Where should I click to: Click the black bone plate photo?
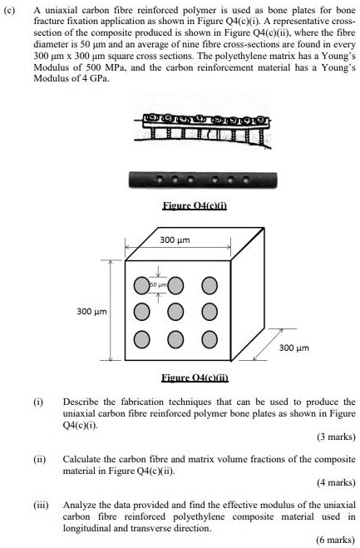[x=191, y=180]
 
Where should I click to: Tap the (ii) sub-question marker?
[x=38, y=457]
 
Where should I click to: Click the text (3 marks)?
[x=336, y=437]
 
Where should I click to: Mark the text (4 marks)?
[x=336, y=482]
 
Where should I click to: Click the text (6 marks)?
[x=336, y=540]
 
